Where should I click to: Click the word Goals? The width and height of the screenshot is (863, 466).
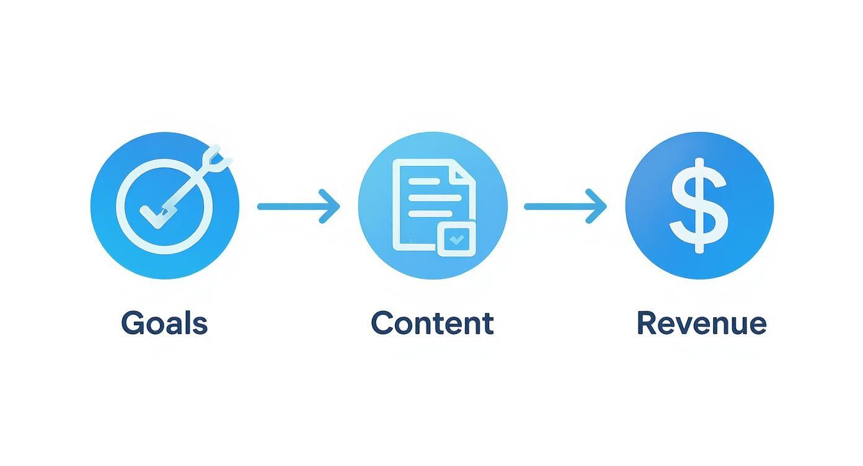tap(164, 323)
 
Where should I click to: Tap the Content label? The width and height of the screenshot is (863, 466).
tap(432, 323)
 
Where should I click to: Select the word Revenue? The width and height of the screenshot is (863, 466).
tap(701, 323)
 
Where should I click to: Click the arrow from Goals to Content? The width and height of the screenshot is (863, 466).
tap(298, 206)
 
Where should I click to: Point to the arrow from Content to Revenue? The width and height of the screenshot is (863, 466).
tap(565, 206)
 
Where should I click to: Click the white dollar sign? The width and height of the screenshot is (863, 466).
tap(699, 205)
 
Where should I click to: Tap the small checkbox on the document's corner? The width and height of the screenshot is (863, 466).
tap(456, 239)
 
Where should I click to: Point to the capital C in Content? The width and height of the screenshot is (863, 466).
tap(383, 323)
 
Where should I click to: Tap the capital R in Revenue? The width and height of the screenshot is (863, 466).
tap(647, 323)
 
